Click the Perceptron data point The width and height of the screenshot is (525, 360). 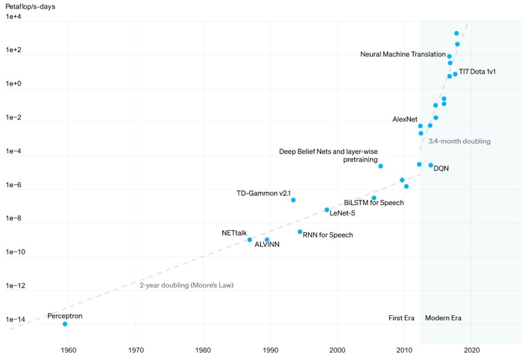click(x=65, y=324)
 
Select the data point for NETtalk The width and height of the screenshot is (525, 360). click(x=250, y=239)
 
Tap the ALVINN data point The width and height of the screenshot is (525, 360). click(x=267, y=239)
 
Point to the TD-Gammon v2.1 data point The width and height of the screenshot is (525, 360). click(x=293, y=200)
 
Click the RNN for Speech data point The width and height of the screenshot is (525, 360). click(x=300, y=232)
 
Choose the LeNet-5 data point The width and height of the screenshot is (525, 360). click(x=327, y=210)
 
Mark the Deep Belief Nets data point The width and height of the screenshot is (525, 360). click(x=380, y=166)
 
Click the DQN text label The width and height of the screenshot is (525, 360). click(x=441, y=168)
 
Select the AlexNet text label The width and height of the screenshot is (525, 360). click(x=405, y=119)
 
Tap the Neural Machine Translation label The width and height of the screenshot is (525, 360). click(x=403, y=54)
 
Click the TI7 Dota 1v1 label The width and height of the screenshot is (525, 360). click(x=477, y=72)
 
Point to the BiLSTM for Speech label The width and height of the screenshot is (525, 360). click(x=374, y=203)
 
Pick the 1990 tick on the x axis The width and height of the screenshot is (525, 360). click(x=270, y=350)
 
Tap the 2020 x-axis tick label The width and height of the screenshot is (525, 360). click(x=472, y=350)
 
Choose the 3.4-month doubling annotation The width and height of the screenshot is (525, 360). click(x=459, y=141)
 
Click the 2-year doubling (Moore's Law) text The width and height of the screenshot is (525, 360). click(x=187, y=285)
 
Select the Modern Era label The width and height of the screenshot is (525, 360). click(x=443, y=318)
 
